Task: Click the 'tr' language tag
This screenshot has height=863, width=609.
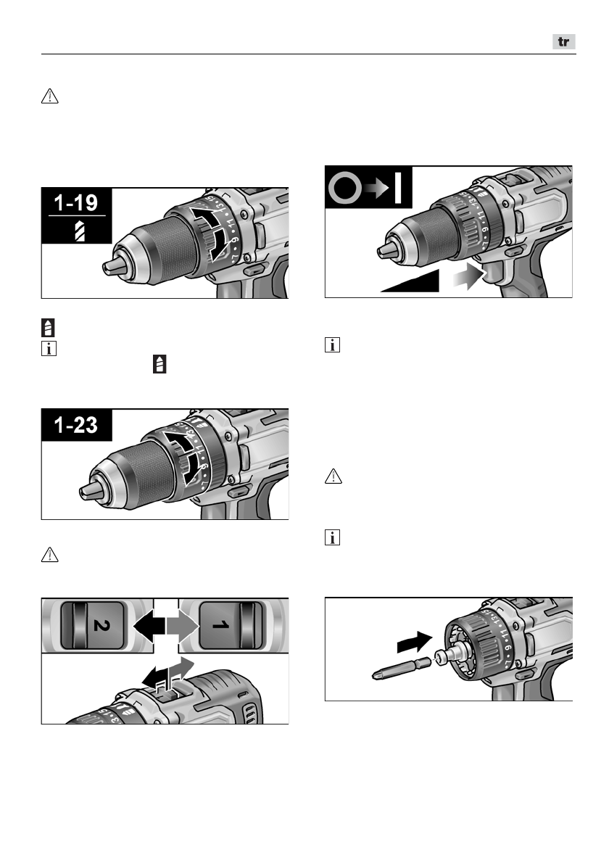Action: tap(563, 43)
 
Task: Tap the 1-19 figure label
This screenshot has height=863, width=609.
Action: tap(77, 202)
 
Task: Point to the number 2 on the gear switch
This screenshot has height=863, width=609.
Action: tap(89, 622)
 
